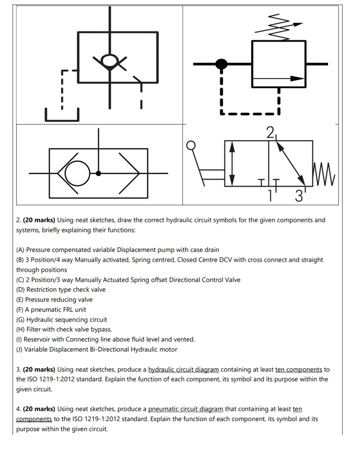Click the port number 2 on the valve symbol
269,132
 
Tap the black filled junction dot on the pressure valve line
221,64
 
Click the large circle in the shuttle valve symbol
77,173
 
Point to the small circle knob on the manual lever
191,145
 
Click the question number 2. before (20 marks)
18,220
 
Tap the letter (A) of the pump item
20,250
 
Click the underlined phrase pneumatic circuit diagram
185,409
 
